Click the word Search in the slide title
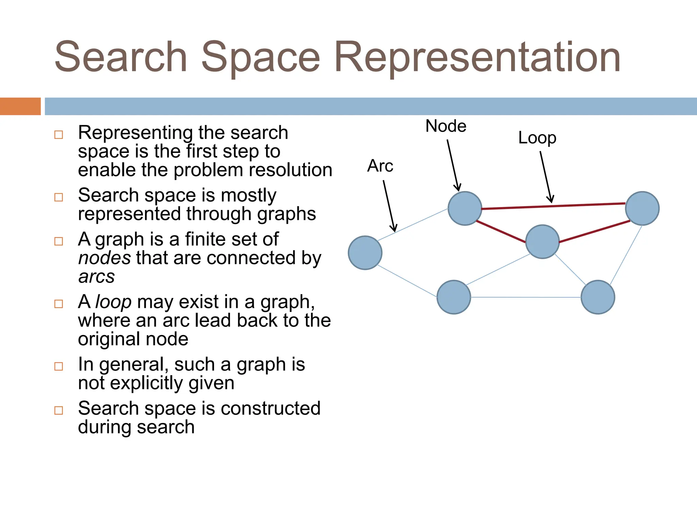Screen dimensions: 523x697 (121, 57)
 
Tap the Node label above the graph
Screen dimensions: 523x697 (446, 126)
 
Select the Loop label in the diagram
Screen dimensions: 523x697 (537, 138)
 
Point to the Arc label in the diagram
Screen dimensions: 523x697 (380, 166)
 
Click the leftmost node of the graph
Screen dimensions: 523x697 (365, 253)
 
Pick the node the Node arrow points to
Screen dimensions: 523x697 (465, 208)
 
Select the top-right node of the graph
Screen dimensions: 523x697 (642, 208)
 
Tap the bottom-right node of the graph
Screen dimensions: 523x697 (598, 297)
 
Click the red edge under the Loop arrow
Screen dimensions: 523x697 (553, 206)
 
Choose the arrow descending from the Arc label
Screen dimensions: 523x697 (389, 206)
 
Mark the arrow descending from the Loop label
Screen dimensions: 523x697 (546, 177)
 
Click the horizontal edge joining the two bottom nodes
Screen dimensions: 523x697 (526, 297)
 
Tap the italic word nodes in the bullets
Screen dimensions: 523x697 (104, 258)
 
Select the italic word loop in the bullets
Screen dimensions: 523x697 (113, 302)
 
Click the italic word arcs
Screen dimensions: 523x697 (97, 276)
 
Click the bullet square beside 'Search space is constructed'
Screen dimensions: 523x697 (59, 410)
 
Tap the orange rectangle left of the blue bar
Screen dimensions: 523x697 (20, 106)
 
